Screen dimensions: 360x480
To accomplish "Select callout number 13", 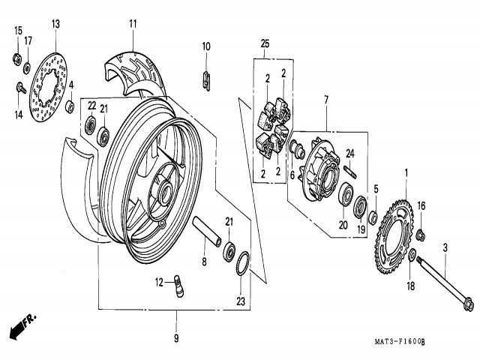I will coord(55,24).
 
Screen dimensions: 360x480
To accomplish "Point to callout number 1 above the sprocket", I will coord(406,173).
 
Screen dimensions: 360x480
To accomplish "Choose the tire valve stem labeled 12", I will coord(180,286).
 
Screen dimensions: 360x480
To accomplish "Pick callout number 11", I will coord(133,24).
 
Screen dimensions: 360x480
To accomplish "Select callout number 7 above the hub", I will coord(326,100).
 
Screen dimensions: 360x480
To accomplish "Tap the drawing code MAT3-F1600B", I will coord(399,342).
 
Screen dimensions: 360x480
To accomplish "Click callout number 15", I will coord(18,30).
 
